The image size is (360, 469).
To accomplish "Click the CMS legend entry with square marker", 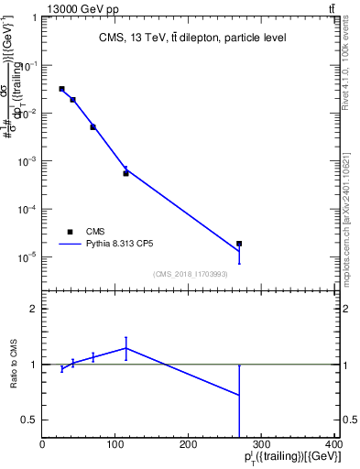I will (x=82, y=233).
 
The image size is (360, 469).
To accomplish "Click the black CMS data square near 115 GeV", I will (x=125, y=173).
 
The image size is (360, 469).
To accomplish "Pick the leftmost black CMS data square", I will (x=61, y=89).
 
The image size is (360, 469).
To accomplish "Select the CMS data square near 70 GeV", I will (x=93, y=127).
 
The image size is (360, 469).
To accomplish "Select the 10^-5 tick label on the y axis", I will (x=28, y=257).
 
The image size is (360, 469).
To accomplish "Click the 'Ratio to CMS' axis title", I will (x=14, y=365).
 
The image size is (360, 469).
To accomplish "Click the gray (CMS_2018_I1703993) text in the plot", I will (x=191, y=273).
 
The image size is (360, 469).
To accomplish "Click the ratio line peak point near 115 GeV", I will (x=125, y=347).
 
